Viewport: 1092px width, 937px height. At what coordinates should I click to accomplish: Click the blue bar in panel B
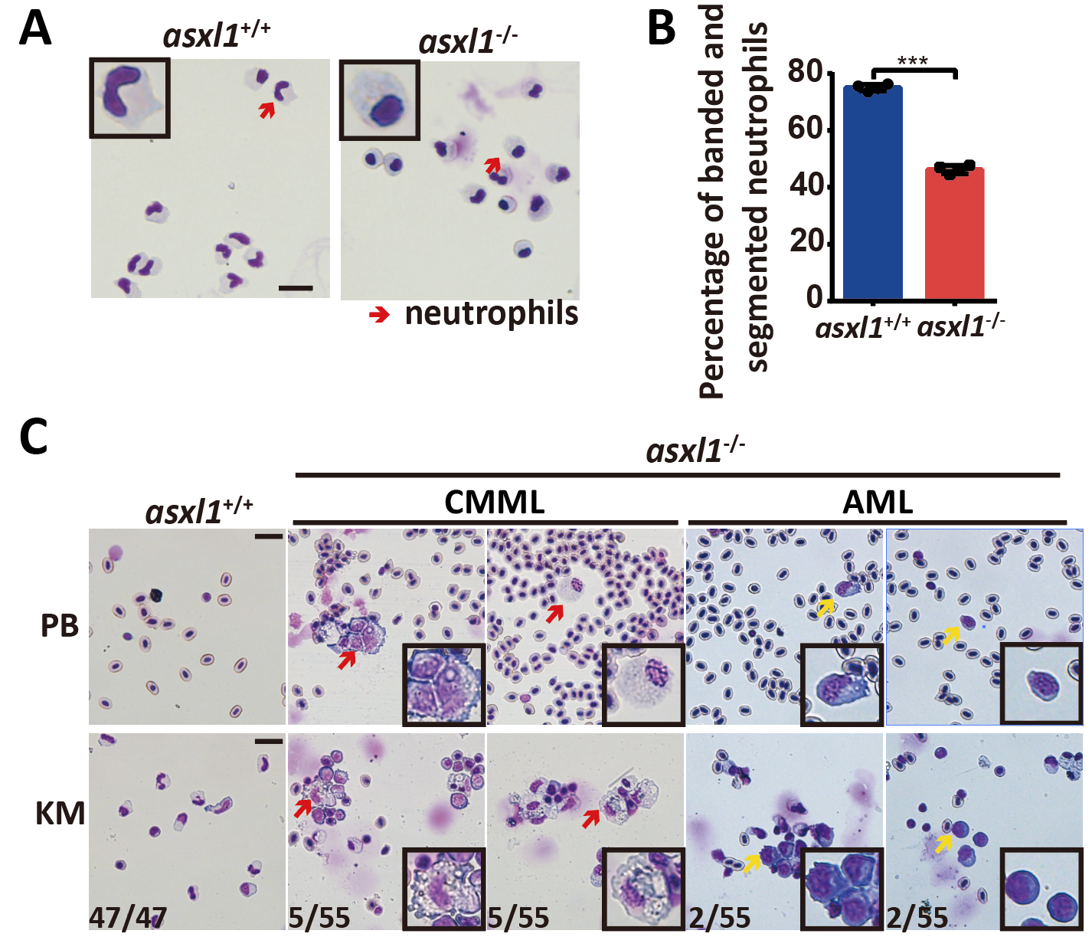[x=872, y=192]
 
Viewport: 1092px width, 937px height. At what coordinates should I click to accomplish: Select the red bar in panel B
[x=954, y=233]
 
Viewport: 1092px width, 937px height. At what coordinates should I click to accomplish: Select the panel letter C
[x=34, y=437]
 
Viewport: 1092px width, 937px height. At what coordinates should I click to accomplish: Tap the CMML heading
[x=494, y=503]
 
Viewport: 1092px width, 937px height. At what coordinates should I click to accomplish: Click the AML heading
[x=878, y=503]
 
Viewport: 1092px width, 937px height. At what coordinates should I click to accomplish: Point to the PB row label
[x=60, y=626]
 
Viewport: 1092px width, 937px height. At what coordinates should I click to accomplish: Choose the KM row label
[x=60, y=813]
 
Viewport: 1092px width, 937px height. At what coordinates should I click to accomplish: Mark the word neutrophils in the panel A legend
[x=491, y=313]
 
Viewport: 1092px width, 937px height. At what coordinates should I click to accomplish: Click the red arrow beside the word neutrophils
[x=379, y=314]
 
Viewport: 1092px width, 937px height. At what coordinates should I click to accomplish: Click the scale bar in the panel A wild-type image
[x=296, y=288]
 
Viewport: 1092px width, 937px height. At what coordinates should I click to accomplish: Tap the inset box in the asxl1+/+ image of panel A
[x=129, y=97]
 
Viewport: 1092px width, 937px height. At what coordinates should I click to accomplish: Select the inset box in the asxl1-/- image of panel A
[x=379, y=100]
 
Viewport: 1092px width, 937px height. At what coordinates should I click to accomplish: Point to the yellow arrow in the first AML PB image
[x=825, y=608]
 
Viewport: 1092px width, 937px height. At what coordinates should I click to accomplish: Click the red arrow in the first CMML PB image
[x=347, y=659]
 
